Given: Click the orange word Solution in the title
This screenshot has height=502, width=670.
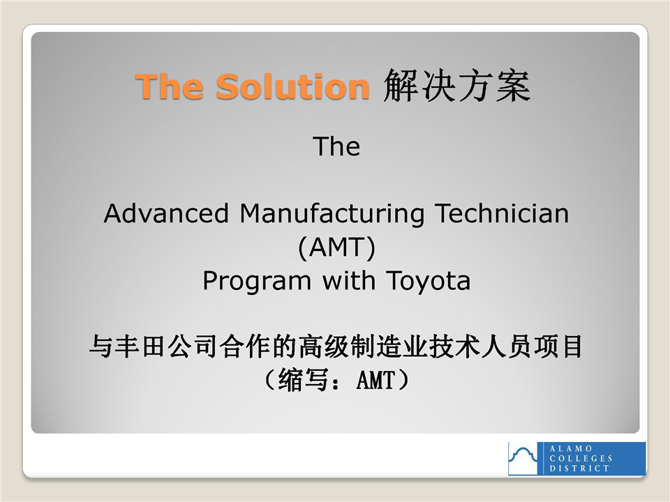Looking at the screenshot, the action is click(292, 86).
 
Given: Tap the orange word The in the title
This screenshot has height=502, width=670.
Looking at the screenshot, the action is click(169, 86).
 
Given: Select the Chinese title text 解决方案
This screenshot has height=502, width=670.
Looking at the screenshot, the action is click(456, 86).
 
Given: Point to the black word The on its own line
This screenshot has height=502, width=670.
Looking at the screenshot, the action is click(336, 146).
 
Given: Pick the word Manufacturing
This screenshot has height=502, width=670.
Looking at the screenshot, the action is click(332, 214).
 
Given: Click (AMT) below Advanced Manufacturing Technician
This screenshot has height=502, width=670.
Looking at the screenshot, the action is click(336, 248).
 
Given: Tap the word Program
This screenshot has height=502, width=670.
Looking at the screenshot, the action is click(257, 282).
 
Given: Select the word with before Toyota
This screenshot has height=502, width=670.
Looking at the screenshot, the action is click(349, 280).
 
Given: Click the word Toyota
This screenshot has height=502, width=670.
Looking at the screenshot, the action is click(428, 282).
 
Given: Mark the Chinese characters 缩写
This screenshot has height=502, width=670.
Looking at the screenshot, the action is click(303, 379).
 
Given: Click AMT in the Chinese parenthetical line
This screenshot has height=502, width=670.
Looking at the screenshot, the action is click(375, 380).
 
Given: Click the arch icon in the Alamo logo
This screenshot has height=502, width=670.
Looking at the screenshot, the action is click(523, 459).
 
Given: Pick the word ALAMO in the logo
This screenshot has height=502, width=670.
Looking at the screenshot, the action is click(571, 448).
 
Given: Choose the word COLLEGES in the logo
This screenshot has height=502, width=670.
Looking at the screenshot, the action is click(581, 459).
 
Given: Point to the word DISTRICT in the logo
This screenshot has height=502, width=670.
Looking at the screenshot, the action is click(579, 469).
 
